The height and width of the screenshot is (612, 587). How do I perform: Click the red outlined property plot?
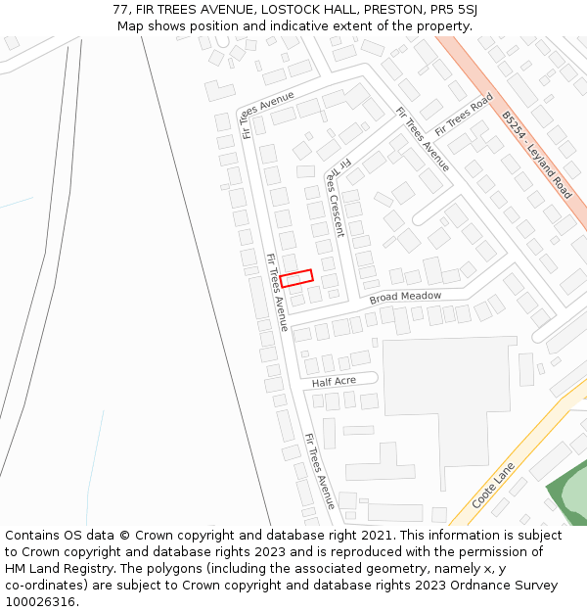point(296,278)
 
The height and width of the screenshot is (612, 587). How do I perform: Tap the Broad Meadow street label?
point(405,296)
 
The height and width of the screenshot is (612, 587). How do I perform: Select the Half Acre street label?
point(335,381)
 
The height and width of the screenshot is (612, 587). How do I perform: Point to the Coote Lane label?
point(494,485)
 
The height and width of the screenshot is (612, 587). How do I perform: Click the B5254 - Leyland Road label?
point(536,155)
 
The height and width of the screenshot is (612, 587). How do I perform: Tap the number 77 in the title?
point(120,9)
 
